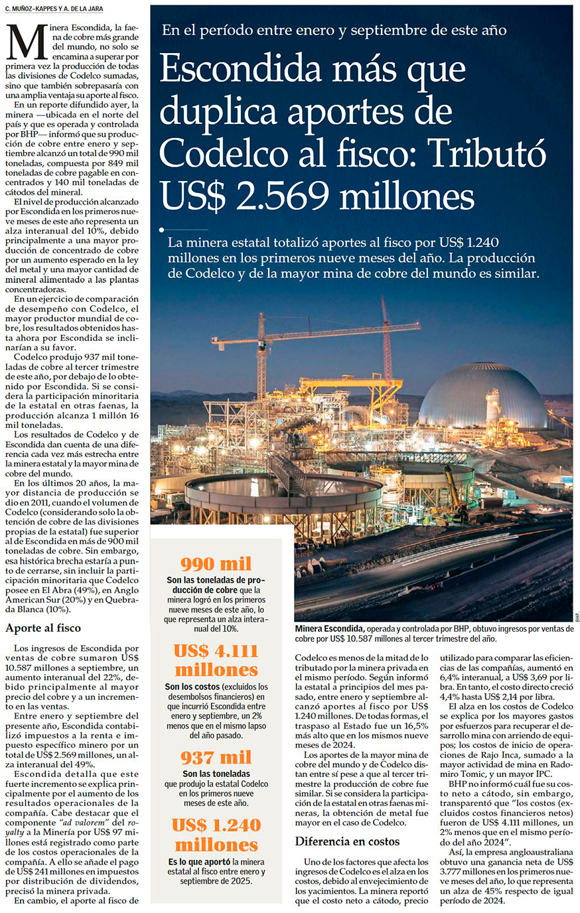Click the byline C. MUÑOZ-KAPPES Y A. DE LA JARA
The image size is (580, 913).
pos(55,8)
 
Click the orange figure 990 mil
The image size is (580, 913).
pos(216,564)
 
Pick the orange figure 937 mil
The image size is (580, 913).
pos(216,757)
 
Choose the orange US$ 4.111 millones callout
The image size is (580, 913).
pos(216,660)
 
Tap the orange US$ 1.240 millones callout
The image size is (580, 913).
pos(216,835)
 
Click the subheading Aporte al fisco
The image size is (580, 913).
pos(43,628)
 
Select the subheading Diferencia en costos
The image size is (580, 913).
pos(347,841)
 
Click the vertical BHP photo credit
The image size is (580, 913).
pos(577,615)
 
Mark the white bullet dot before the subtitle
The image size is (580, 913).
pos(162,230)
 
